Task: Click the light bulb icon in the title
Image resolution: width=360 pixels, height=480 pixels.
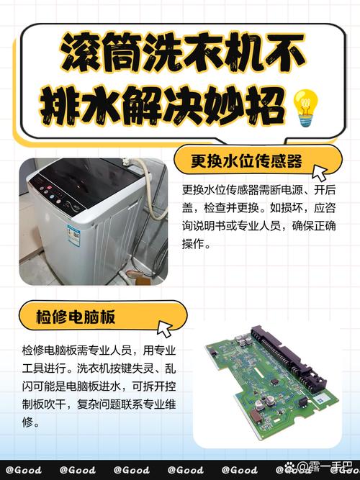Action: [305, 107]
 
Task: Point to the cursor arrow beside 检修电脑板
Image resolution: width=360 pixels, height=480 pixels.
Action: [165, 330]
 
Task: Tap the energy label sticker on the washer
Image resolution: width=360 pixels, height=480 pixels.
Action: [73, 235]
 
